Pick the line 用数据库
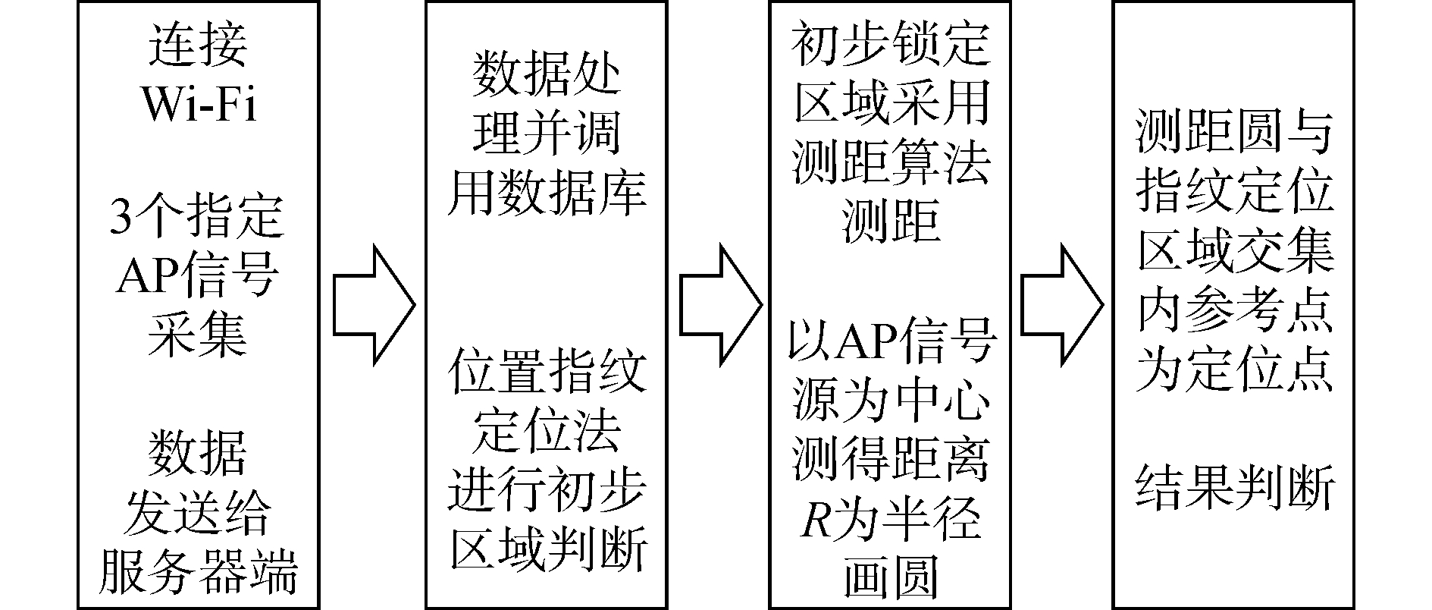[x=547, y=192]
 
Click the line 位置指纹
[x=547, y=370]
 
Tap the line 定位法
[x=547, y=429]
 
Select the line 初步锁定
[x=890, y=43]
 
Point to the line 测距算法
[x=890, y=162]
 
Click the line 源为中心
[x=890, y=400]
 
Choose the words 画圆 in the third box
[x=890, y=578]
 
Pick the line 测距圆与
[x=1234, y=133]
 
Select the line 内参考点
[x=1234, y=311]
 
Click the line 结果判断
[x=1234, y=489]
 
